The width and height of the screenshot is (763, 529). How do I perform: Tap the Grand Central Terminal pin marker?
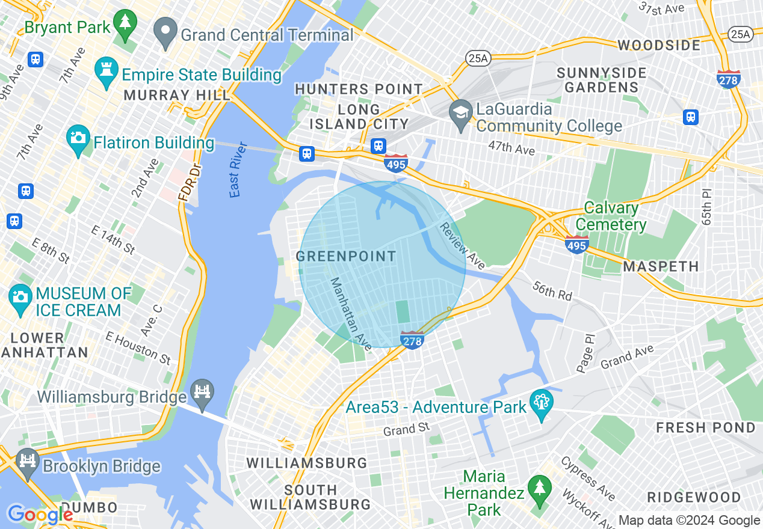point(165,32)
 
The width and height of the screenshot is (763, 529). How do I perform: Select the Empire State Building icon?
point(107,73)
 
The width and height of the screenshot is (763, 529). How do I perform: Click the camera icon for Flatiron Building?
point(78,140)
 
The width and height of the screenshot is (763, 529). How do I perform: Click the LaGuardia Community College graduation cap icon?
point(461,115)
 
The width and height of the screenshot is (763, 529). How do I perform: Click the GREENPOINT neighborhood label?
point(347,257)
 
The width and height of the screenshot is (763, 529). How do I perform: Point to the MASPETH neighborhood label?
point(661,266)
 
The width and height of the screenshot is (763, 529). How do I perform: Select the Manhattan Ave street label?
point(351,314)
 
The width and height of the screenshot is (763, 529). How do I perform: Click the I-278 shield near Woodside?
point(728,79)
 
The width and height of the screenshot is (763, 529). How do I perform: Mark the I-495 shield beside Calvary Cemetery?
point(576,244)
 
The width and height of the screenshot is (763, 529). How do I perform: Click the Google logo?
point(40,515)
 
